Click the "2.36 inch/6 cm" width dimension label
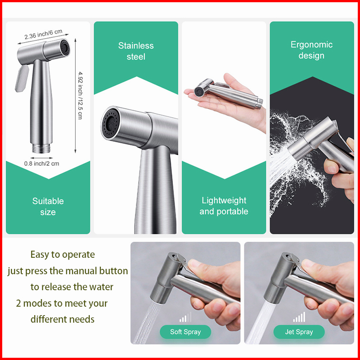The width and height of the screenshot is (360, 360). (44, 34)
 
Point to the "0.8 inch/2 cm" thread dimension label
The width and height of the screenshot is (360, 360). (42, 164)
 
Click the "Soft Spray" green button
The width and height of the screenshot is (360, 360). (185, 332)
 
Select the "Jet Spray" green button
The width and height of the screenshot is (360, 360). (299, 332)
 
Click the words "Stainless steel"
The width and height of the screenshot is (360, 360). (136, 51)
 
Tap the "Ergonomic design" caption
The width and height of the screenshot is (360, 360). (312, 50)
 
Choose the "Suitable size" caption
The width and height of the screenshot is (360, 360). (48, 206)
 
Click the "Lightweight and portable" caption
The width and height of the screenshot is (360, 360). (224, 206)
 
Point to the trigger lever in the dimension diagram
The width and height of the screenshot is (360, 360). (22, 78)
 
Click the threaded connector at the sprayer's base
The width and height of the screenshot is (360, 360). (41, 148)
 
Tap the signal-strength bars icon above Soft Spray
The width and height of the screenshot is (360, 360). (185, 317)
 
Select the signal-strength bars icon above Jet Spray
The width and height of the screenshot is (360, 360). (299, 317)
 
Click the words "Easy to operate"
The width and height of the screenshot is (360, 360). (63, 254)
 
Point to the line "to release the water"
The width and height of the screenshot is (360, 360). (72, 287)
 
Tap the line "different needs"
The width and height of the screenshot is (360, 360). (63, 320)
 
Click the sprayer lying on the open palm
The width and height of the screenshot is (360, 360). (228, 94)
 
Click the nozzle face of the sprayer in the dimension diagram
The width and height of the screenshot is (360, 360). (65, 48)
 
